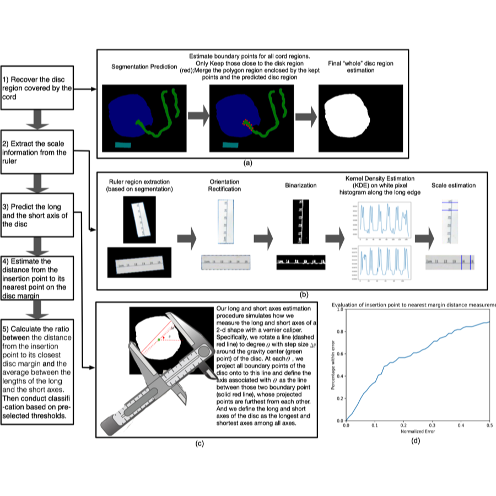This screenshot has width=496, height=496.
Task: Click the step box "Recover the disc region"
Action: point(37,88)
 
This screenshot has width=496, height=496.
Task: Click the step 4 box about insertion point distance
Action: point(37,277)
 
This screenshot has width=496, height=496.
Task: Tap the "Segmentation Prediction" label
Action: point(144,66)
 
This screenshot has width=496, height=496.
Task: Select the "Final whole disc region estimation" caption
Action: point(360,67)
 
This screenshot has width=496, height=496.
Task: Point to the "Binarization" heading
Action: point(301,186)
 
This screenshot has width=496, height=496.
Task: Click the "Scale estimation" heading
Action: point(453,186)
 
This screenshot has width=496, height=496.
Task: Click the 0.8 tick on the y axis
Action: point(340,332)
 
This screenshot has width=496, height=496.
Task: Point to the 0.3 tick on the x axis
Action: point(433,425)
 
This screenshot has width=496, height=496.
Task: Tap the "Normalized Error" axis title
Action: point(418,432)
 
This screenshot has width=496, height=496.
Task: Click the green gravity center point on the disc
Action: point(159,340)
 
